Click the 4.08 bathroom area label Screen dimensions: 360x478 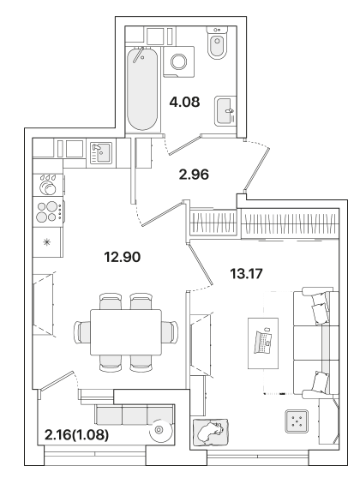185,102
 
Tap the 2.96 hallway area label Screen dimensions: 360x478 194,174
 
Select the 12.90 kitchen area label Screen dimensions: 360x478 122,257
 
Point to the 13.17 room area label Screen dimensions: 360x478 246,274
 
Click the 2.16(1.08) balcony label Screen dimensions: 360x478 76,435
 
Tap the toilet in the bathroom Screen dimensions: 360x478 217,43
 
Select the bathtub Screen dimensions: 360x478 143,89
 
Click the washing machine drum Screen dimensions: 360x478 180,62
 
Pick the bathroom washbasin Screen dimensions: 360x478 225,111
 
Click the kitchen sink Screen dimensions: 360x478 101,153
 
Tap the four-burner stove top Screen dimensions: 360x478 48,212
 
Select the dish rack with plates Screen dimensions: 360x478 48,184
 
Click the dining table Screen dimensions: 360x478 126,332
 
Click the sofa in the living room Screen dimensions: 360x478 316,343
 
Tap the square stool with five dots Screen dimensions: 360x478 297,421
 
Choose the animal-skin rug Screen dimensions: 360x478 211,431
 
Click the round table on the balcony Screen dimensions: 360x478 160,430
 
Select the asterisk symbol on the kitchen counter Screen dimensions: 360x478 47,242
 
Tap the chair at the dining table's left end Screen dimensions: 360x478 82,332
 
